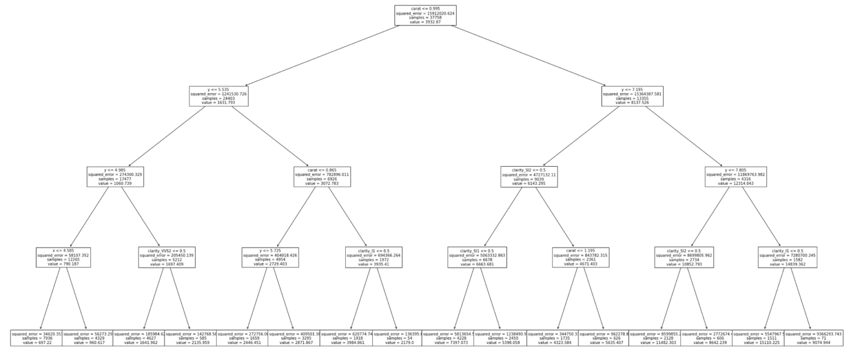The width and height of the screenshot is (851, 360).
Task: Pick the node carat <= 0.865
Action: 322,176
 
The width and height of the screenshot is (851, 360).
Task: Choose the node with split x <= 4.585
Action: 63,258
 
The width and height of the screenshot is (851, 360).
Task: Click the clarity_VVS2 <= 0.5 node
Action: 167,258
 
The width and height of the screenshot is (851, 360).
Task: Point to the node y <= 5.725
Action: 271,258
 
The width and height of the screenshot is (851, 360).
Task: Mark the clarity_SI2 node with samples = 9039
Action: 529,176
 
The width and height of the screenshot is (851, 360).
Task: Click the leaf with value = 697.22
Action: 37,338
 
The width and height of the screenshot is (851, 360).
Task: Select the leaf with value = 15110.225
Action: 758,338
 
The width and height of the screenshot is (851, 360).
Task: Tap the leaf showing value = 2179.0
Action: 397,338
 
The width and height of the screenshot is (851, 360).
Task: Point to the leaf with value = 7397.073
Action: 448,338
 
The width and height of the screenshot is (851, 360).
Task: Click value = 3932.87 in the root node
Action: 425,22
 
